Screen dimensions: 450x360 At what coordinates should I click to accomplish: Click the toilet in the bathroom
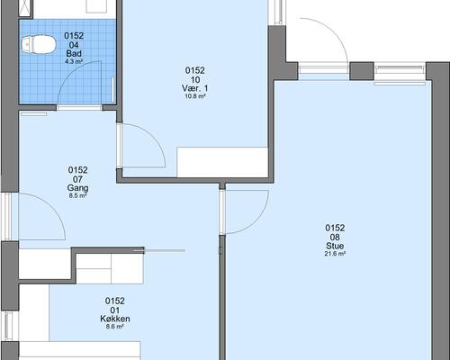point(39,45)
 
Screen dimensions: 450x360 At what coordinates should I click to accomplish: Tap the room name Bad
point(74,54)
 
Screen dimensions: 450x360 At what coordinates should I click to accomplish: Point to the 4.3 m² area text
point(74,61)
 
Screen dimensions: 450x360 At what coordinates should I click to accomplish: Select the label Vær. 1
point(195,88)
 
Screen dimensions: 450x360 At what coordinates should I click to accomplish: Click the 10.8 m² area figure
point(195,96)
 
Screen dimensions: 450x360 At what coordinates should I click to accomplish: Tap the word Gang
point(77,188)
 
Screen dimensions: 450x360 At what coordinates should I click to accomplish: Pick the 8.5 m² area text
point(77,195)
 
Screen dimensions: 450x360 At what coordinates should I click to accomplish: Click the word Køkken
point(115,319)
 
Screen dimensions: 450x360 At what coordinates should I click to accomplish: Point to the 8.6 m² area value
point(115,327)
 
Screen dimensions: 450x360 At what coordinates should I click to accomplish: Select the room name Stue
point(335,246)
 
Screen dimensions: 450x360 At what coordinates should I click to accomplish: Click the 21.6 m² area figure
point(335,254)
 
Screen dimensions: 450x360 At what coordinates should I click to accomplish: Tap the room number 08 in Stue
point(335,238)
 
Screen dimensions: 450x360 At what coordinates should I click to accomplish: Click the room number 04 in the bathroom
point(74,45)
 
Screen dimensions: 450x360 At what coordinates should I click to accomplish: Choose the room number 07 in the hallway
point(77,179)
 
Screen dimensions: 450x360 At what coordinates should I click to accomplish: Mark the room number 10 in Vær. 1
point(195,80)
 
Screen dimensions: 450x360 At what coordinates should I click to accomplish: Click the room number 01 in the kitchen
point(115,310)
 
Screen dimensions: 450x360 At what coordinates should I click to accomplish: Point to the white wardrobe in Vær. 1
point(222,162)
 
